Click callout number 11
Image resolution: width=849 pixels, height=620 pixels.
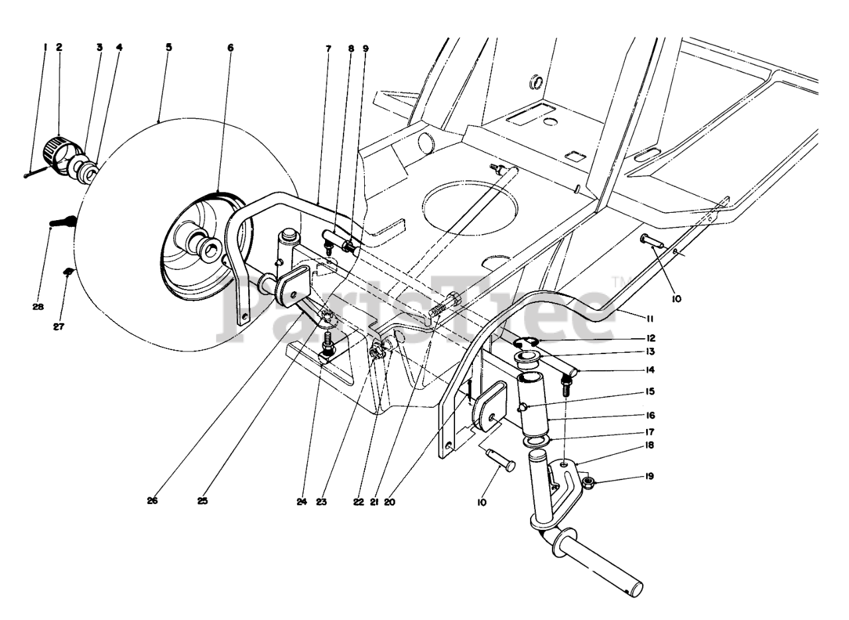[x=651, y=319]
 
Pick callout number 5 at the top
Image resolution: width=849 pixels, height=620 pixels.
[x=168, y=47]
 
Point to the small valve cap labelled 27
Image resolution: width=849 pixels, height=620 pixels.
[x=68, y=272]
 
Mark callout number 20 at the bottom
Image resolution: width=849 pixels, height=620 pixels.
[x=389, y=502]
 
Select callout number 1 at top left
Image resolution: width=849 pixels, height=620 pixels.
[x=44, y=47]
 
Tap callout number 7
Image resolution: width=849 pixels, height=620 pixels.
[x=328, y=47]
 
